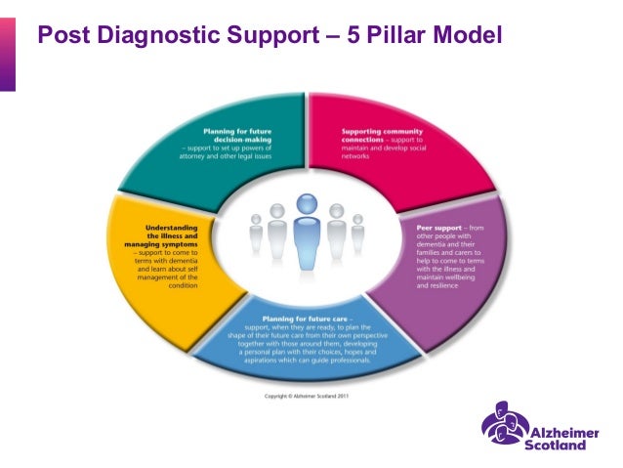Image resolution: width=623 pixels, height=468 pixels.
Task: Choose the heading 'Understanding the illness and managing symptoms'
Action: click(x=159, y=235)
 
